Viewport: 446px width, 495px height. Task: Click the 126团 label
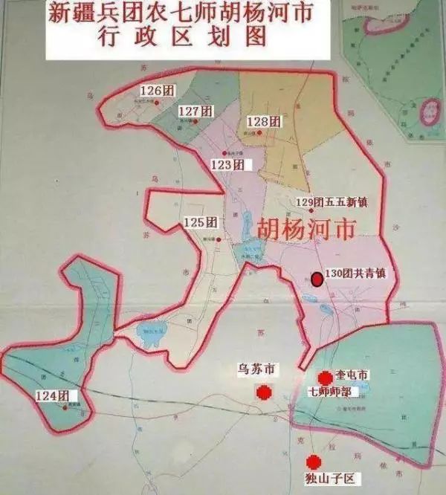click(152, 91)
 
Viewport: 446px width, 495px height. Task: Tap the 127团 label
click(195, 111)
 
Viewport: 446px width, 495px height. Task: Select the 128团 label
click(263, 121)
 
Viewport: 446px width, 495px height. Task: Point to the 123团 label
click(227, 165)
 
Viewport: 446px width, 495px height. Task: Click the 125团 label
click(200, 222)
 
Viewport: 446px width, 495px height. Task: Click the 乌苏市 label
click(256, 369)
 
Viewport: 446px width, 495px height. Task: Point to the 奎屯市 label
click(352, 377)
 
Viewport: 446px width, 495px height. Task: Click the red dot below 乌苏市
click(262, 392)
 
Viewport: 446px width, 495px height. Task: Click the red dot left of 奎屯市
click(324, 378)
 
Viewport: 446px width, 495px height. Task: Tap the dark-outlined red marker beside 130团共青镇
click(317, 279)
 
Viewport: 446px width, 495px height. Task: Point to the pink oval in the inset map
click(430, 112)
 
